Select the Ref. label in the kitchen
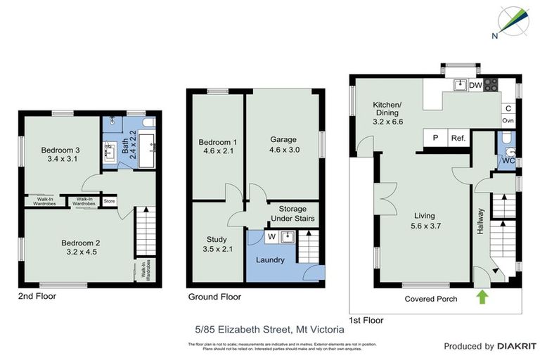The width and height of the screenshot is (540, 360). pos(458,138)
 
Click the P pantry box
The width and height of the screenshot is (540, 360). pos(435,138)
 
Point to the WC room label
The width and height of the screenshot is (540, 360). pos(508,160)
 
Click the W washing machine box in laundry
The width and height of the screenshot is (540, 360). pos(271,237)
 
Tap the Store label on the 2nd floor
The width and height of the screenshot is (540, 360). pos(109,202)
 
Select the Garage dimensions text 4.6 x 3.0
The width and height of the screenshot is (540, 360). pos(283,150)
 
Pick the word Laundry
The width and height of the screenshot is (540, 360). pos(271,260)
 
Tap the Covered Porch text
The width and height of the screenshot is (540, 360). pos(431,299)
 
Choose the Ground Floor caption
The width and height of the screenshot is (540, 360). pos(214,297)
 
